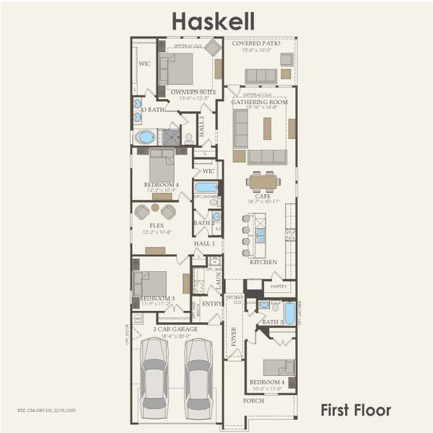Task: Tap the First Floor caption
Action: point(356,411)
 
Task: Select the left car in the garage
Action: point(154,375)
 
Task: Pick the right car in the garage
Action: point(198,375)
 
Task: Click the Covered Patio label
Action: point(257,43)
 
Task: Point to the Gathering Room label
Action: point(259,102)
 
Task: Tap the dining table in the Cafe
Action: point(262,180)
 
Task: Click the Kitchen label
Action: point(261,262)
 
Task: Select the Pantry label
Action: point(279,287)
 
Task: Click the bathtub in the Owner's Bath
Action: point(145,136)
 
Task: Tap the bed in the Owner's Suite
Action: point(177,69)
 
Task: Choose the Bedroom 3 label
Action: point(157,297)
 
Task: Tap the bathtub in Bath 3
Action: point(289,312)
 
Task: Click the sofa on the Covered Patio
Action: point(261,76)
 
